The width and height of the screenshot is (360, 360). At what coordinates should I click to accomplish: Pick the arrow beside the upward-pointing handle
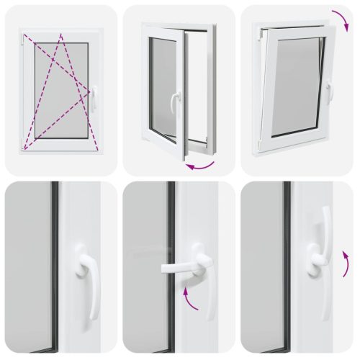click(x=346, y=266)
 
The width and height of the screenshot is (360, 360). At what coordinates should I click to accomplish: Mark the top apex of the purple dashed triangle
click(x=61, y=35)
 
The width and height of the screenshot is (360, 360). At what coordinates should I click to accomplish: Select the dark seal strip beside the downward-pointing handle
click(x=54, y=266)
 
